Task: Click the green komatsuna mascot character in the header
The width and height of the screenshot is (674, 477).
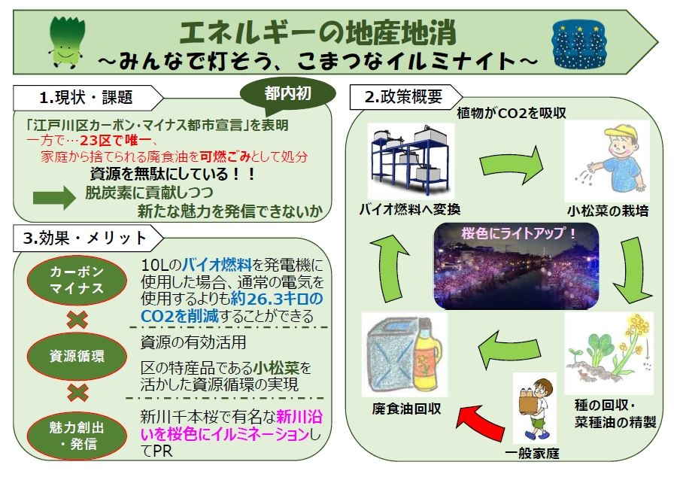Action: click(67, 42)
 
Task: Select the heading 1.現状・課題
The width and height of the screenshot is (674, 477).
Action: click(86, 98)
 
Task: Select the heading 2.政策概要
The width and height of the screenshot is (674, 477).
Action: click(403, 97)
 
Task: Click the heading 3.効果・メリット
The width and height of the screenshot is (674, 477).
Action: click(85, 238)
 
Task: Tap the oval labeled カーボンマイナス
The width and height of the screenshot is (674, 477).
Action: click(77, 280)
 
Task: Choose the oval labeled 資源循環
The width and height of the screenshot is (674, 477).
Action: click(77, 356)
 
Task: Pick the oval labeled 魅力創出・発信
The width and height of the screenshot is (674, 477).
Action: click(77, 435)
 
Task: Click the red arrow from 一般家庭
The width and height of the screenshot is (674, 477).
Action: click(479, 421)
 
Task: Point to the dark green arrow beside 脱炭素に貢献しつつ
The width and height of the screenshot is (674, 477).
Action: click(54, 198)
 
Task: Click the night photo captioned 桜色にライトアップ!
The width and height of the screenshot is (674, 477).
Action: click(516, 266)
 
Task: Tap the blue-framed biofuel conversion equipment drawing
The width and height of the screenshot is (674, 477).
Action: click(411, 161)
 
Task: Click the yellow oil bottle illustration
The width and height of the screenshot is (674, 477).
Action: click(427, 354)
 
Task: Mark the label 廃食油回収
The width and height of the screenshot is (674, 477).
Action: click(406, 409)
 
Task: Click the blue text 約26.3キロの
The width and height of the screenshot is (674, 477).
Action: click(276, 299)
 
